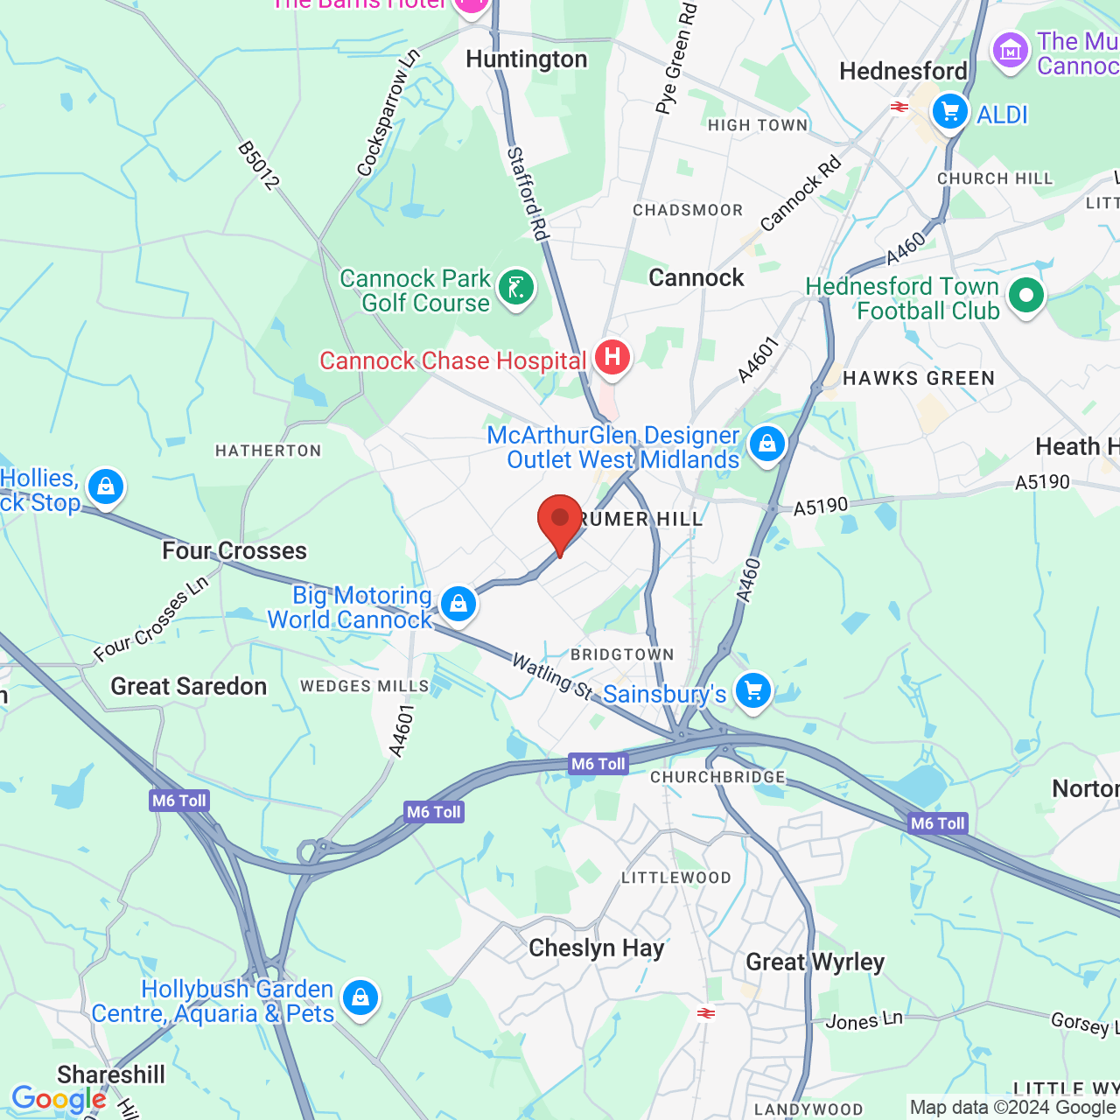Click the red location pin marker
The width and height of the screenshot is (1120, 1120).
559,521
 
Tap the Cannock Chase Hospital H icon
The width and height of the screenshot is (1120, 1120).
612,357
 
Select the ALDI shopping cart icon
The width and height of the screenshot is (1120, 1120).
950,112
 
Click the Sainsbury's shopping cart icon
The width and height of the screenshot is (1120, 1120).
752,691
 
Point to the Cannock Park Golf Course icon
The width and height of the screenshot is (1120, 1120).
516,287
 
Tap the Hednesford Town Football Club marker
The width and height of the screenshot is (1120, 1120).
1025,296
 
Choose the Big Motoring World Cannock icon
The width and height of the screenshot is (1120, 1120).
458,604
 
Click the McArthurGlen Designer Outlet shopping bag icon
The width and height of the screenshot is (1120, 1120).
767,444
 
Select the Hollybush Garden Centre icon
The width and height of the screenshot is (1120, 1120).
360,997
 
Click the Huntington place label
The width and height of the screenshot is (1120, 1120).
527,59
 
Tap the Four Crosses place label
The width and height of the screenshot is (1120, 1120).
234,550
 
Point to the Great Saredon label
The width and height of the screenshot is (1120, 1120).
188,687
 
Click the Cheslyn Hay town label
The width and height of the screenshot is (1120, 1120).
597,948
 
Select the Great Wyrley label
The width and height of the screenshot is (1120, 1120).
815,962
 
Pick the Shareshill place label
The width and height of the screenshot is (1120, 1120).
111,1074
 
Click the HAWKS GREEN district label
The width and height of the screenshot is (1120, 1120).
919,379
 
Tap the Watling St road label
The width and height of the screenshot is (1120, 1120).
552,676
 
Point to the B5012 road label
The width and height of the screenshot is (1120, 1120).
259,166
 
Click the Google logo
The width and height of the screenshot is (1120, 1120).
59,1099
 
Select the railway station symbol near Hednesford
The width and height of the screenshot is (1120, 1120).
899,107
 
